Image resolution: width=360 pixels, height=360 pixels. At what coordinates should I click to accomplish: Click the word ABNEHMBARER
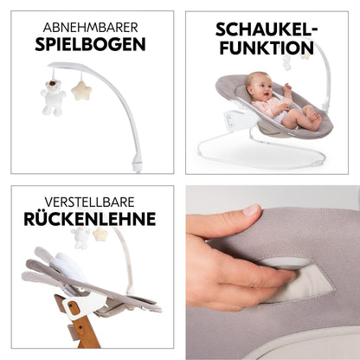coord(90,28)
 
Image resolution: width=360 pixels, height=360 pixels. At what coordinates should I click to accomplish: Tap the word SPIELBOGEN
coord(90,44)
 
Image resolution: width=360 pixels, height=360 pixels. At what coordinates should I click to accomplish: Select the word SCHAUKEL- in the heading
coord(267,29)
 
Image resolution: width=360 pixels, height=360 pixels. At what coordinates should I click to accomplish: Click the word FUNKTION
coord(267,48)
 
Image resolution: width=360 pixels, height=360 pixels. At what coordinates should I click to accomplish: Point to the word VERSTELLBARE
coord(89,202)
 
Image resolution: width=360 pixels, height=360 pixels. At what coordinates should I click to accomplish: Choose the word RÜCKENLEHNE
coord(90,218)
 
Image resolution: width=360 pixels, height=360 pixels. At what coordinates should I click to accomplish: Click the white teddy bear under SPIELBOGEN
coord(53,98)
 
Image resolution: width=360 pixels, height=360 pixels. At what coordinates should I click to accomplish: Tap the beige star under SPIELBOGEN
coord(81,91)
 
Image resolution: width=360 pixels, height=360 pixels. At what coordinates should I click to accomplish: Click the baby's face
coord(259,87)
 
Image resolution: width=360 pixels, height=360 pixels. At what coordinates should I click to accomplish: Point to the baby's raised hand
coord(287,89)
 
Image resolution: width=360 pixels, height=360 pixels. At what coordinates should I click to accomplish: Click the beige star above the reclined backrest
coord(100,235)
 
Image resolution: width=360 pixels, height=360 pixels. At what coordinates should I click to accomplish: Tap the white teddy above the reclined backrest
coord(80,237)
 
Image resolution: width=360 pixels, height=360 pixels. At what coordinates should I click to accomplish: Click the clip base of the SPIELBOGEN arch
coord(137,166)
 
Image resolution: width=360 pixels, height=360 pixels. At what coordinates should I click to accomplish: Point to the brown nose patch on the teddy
coord(53,84)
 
